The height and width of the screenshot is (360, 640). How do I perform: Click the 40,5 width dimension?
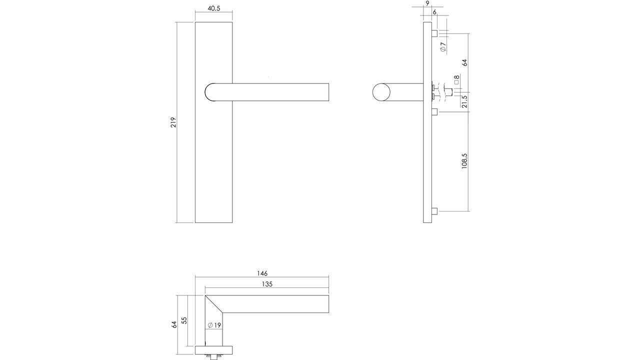(213, 9)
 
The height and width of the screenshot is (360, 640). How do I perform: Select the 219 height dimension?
(173, 122)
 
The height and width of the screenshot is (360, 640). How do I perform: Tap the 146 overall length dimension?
(262, 273)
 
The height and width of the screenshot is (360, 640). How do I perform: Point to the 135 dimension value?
(267, 284)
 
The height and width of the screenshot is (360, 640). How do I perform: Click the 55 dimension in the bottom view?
(184, 320)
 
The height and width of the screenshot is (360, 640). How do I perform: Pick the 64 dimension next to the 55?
(174, 324)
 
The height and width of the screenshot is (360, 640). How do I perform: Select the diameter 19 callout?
(214, 325)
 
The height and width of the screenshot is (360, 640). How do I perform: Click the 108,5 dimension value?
(464, 161)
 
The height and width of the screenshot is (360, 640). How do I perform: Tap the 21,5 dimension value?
(464, 101)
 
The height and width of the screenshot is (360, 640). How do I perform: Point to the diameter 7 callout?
(443, 47)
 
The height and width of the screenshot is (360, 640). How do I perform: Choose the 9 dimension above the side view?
(427, 3)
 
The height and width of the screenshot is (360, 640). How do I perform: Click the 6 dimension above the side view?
(434, 11)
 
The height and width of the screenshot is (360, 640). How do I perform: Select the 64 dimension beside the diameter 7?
(464, 62)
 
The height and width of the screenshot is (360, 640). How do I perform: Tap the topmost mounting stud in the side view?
(434, 33)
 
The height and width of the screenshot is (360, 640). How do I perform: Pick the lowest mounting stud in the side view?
(434, 211)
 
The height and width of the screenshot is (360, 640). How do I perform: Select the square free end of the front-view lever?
(327, 92)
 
